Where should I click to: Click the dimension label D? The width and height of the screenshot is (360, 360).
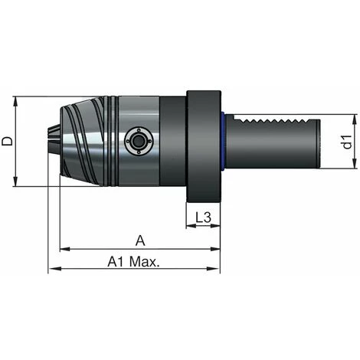point(8,141)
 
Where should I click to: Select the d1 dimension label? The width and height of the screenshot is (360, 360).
point(346,142)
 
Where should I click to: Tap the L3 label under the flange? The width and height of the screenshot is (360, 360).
point(203,218)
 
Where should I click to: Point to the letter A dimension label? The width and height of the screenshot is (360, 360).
point(139,241)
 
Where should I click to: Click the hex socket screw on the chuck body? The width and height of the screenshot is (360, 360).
point(136,142)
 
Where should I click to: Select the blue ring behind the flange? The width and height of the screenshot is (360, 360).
point(223,142)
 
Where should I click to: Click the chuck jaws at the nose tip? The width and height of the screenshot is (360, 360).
point(54,142)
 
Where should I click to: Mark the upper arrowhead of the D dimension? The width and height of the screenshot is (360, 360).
point(17,100)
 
